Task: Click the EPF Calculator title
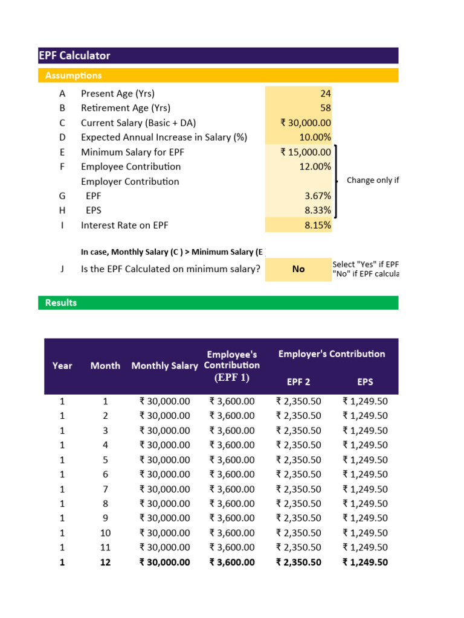pos(74,56)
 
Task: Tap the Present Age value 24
pos(325,94)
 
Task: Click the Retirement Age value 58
pos(325,108)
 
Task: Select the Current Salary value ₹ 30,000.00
pos(306,123)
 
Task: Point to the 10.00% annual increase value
pos(315,137)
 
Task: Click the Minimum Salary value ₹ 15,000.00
pos(306,152)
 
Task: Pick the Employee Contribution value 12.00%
pos(315,167)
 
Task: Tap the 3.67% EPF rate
pos(318,196)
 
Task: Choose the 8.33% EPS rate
pos(318,211)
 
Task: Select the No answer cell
pos(298,269)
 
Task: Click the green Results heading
pos(61,302)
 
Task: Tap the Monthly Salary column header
pos(164,366)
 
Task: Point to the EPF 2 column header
pos(298,381)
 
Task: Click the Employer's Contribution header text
pos(331,354)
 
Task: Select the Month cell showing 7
pos(105,489)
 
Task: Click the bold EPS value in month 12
pos(365,562)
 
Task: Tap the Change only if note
pos(373,180)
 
